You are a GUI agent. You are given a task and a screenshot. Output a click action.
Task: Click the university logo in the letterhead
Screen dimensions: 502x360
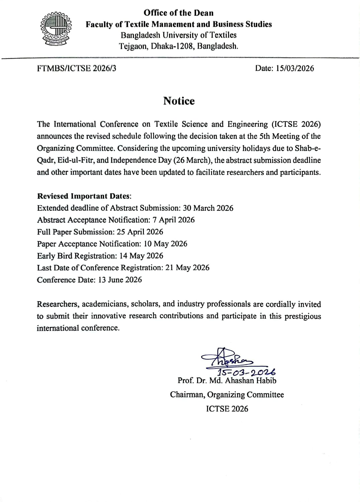point(56,30)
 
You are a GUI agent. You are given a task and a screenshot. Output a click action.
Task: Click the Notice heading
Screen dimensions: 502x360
point(179,101)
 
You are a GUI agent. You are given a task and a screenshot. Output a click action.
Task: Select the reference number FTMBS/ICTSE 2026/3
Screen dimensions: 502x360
point(77,68)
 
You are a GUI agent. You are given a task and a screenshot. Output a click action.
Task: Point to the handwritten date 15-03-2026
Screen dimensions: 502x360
point(247,372)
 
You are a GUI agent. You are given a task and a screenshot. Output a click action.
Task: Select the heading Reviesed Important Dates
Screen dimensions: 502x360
point(84,196)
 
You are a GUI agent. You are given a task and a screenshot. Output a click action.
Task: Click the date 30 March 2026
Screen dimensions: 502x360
point(208,208)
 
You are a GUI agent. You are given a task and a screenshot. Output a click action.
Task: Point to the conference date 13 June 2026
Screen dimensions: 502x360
point(120,280)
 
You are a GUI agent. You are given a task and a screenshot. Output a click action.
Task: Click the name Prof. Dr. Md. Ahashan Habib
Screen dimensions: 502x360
point(227,381)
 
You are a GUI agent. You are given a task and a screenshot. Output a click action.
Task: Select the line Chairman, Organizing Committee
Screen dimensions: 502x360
point(227,395)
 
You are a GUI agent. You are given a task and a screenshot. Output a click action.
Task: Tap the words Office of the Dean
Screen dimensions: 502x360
point(178,13)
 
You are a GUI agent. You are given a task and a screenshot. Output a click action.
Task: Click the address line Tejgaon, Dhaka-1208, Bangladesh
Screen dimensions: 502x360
point(179,46)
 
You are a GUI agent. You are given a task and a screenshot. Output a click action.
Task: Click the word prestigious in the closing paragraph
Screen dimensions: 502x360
point(302,316)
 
